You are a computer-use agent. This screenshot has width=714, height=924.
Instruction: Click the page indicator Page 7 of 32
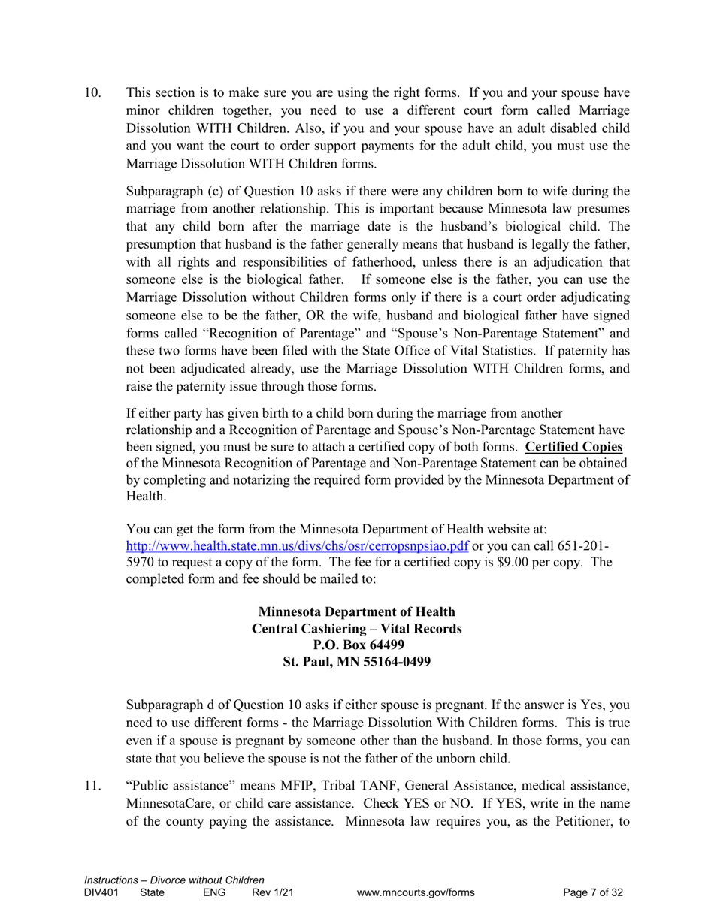[x=593, y=893]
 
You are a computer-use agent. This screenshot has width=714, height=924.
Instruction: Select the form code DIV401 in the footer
[x=101, y=893]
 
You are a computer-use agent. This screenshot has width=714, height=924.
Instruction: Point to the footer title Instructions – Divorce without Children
[x=174, y=880]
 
